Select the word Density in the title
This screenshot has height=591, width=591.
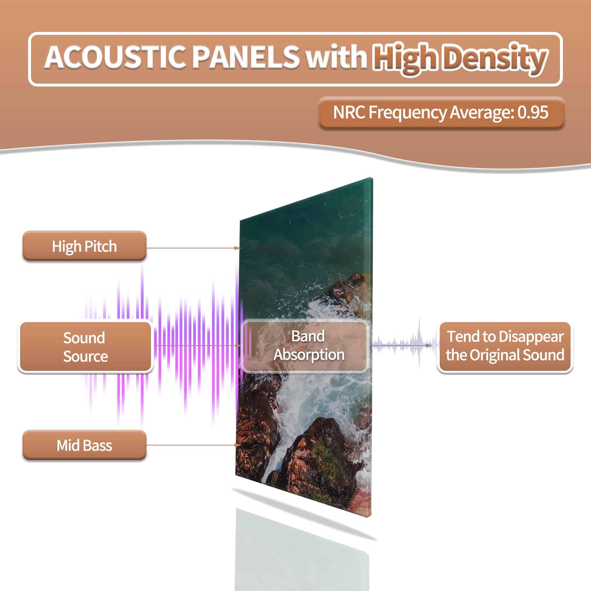click(x=495, y=58)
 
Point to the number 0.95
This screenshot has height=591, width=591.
click(x=532, y=112)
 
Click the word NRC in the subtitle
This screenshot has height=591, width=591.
click(x=349, y=112)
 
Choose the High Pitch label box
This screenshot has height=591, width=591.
click(x=85, y=246)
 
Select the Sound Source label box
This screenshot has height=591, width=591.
click(x=85, y=347)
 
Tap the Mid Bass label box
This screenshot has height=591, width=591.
click(x=85, y=445)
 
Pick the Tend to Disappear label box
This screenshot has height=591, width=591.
click(x=505, y=346)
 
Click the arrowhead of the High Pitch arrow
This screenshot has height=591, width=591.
click(x=238, y=248)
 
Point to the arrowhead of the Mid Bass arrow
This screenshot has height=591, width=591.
click(x=238, y=445)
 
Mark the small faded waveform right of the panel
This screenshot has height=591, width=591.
click(x=403, y=346)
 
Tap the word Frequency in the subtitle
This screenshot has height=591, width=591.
click(x=408, y=113)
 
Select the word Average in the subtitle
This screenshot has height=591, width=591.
click(x=482, y=113)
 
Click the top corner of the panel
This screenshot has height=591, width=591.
click(x=372, y=178)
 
